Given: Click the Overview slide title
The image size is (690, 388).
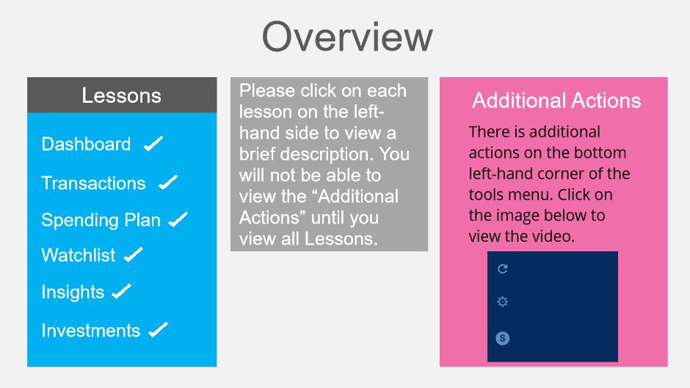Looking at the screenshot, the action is click(x=347, y=37).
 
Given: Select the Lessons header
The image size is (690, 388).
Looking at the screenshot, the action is click(x=122, y=95).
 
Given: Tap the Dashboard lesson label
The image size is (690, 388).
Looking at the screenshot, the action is click(x=87, y=144).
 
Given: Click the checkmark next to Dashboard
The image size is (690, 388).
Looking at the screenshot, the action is click(x=153, y=143).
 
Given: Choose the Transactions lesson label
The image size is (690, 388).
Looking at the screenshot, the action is click(x=93, y=183).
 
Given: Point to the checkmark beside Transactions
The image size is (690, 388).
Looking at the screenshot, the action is click(x=168, y=182).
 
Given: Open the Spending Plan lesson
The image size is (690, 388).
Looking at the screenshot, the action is click(x=101, y=220).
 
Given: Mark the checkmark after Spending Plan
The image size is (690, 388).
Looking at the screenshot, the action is click(x=178, y=219).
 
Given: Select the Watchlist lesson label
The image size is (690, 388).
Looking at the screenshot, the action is click(x=79, y=255).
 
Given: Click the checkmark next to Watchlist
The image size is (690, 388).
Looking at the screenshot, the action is click(x=133, y=254).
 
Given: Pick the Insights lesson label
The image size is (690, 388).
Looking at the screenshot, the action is click(x=73, y=292).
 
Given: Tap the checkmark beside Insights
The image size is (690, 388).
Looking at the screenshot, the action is click(x=121, y=291).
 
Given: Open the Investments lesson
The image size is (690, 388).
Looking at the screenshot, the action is click(x=90, y=331).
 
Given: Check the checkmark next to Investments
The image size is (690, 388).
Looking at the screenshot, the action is click(x=158, y=330).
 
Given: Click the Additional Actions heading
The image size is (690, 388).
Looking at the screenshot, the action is click(x=556, y=101).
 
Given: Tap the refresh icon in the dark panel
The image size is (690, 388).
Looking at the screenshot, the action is click(x=503, y=269).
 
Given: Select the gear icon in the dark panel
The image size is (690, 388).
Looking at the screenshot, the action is click(x=503, y=302).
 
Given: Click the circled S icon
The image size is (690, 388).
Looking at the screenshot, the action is click(x=503, y=338).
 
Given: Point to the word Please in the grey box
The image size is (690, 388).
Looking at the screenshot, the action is click(x=267, y=90).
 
